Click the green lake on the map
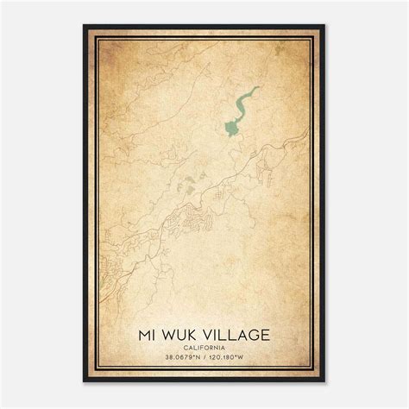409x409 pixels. (x=230, y=128)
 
